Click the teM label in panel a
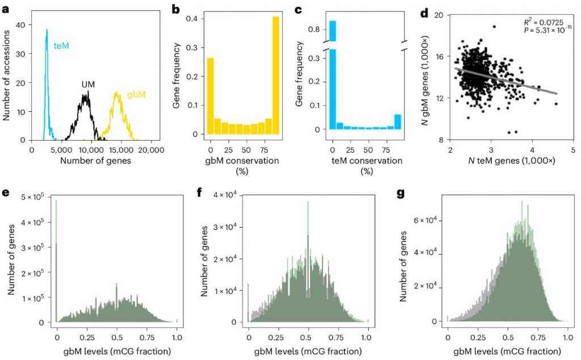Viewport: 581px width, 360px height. [x=61, y=45]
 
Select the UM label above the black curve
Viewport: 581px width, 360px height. [x=87, y=84]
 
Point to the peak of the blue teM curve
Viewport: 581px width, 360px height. [x=47, y=30]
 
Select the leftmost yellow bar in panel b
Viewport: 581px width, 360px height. [x=210, y=97]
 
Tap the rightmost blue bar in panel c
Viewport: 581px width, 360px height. [x=397, y=122]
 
